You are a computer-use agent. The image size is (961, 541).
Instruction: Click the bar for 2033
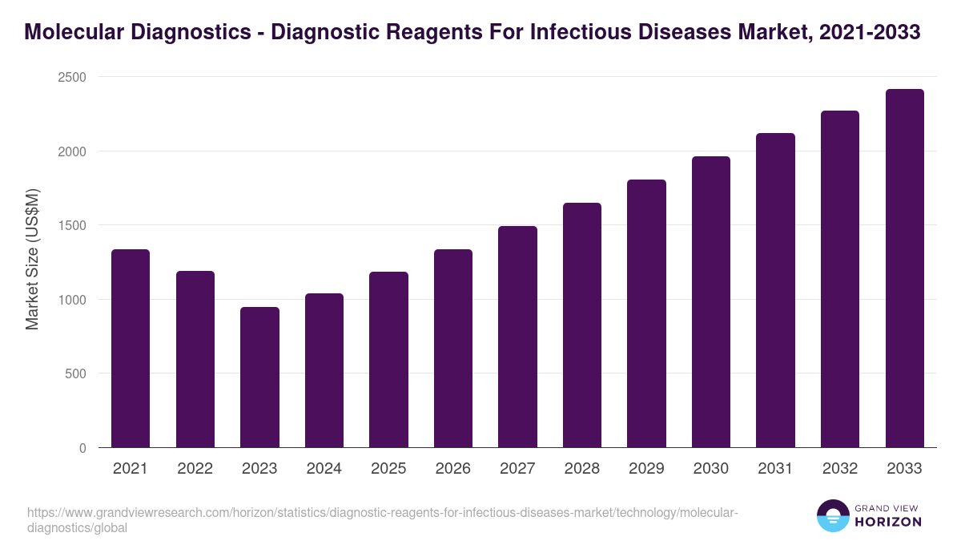[904, 268]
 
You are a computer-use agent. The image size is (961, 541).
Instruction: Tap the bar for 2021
[131, 349]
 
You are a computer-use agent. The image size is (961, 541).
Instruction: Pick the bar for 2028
[581, 325]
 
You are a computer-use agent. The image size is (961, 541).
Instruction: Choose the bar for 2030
[710, 302]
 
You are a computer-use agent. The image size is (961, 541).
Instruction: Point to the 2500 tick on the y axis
[71, 77]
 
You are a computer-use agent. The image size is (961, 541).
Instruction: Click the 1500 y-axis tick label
[71, 225]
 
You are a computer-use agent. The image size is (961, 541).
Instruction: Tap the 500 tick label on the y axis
[75, 373]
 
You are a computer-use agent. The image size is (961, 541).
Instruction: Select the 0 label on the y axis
[82, 448]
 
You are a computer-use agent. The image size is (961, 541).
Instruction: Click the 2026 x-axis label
[452, 469]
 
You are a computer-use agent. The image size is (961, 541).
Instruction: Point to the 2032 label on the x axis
[839, 469]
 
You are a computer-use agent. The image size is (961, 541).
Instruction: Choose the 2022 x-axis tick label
[195, 469]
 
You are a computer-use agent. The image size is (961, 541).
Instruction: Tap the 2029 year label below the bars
[646, 469]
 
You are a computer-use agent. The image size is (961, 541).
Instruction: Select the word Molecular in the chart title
[70, 32]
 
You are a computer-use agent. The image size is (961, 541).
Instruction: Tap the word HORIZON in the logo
[887, 522]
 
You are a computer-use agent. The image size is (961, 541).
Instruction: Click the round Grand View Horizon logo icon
[832, 515]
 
